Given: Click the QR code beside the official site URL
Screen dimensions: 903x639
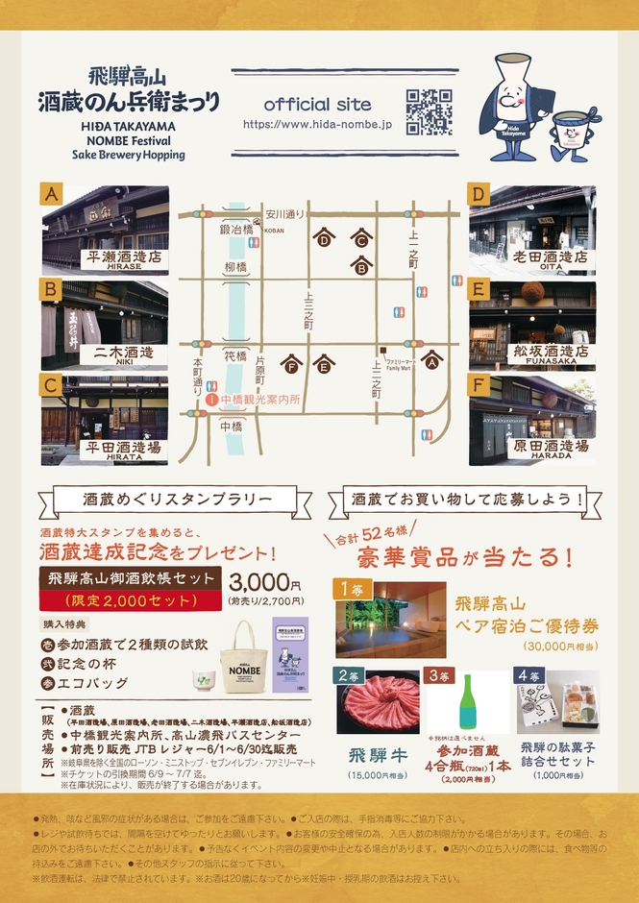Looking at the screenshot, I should (429, 111).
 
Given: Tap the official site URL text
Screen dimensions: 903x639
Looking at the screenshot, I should (317, 125).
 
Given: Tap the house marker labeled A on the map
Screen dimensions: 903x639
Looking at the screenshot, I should (432, 361).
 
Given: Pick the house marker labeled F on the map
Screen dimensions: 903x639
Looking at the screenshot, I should (292, 365).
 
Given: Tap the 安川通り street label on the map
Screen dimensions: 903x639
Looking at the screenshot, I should (285, 213).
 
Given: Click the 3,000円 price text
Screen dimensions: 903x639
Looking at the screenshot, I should (265, 583).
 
